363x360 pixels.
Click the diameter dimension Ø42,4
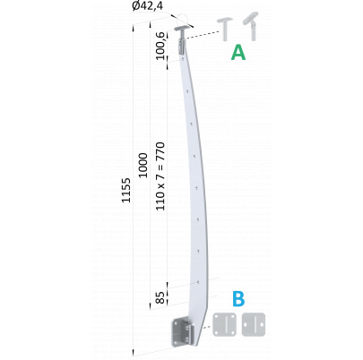click(x=147, y=6)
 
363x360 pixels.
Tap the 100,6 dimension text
click(x=160, y=47)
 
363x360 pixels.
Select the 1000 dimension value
click(x=143, y=166)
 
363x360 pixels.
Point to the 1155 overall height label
click(x=125, y=190)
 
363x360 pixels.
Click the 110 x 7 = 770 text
click(x=160, y=176)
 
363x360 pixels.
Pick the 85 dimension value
click(x=160, y=297)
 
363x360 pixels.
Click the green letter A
click(x=238, y=53)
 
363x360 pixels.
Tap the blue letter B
click(x=238, y=299)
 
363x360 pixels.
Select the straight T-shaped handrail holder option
click(x=225, y=29)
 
